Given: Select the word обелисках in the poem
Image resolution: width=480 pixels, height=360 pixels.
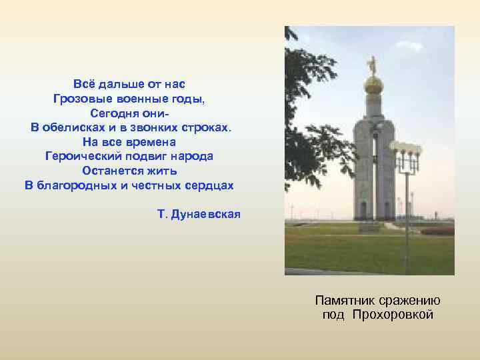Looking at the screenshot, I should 74,127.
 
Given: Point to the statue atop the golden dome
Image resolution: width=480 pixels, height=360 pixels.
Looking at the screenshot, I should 373,65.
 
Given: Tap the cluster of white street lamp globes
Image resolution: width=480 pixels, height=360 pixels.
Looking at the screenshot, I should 405,147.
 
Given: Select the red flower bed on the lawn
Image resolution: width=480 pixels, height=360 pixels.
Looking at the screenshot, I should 437,231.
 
